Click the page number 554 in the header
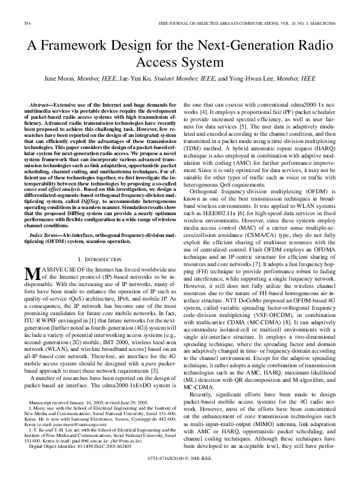27,23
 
